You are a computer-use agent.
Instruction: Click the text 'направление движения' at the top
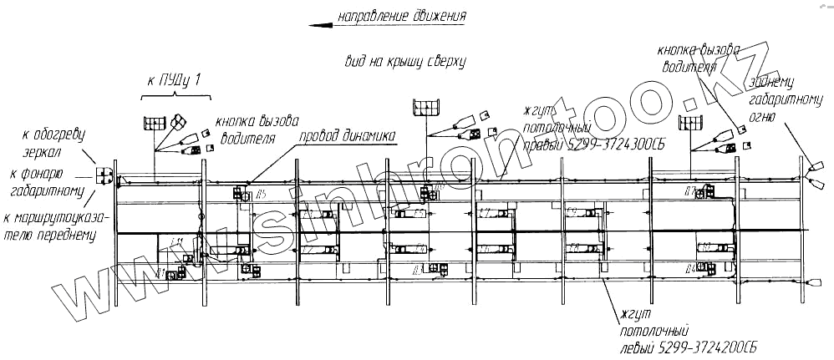(399, 16)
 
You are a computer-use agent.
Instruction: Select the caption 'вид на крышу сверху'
(404, 62)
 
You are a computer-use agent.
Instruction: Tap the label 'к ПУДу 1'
(174, 81)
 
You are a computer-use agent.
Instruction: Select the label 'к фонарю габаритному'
(47, 183)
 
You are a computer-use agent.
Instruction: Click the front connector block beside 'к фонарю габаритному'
(104, 176)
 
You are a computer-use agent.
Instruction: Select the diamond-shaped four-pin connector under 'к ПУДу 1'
(178, 124)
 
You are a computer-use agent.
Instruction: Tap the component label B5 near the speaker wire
(261, 195)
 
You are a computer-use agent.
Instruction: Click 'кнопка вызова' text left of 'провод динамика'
(256, 121)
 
